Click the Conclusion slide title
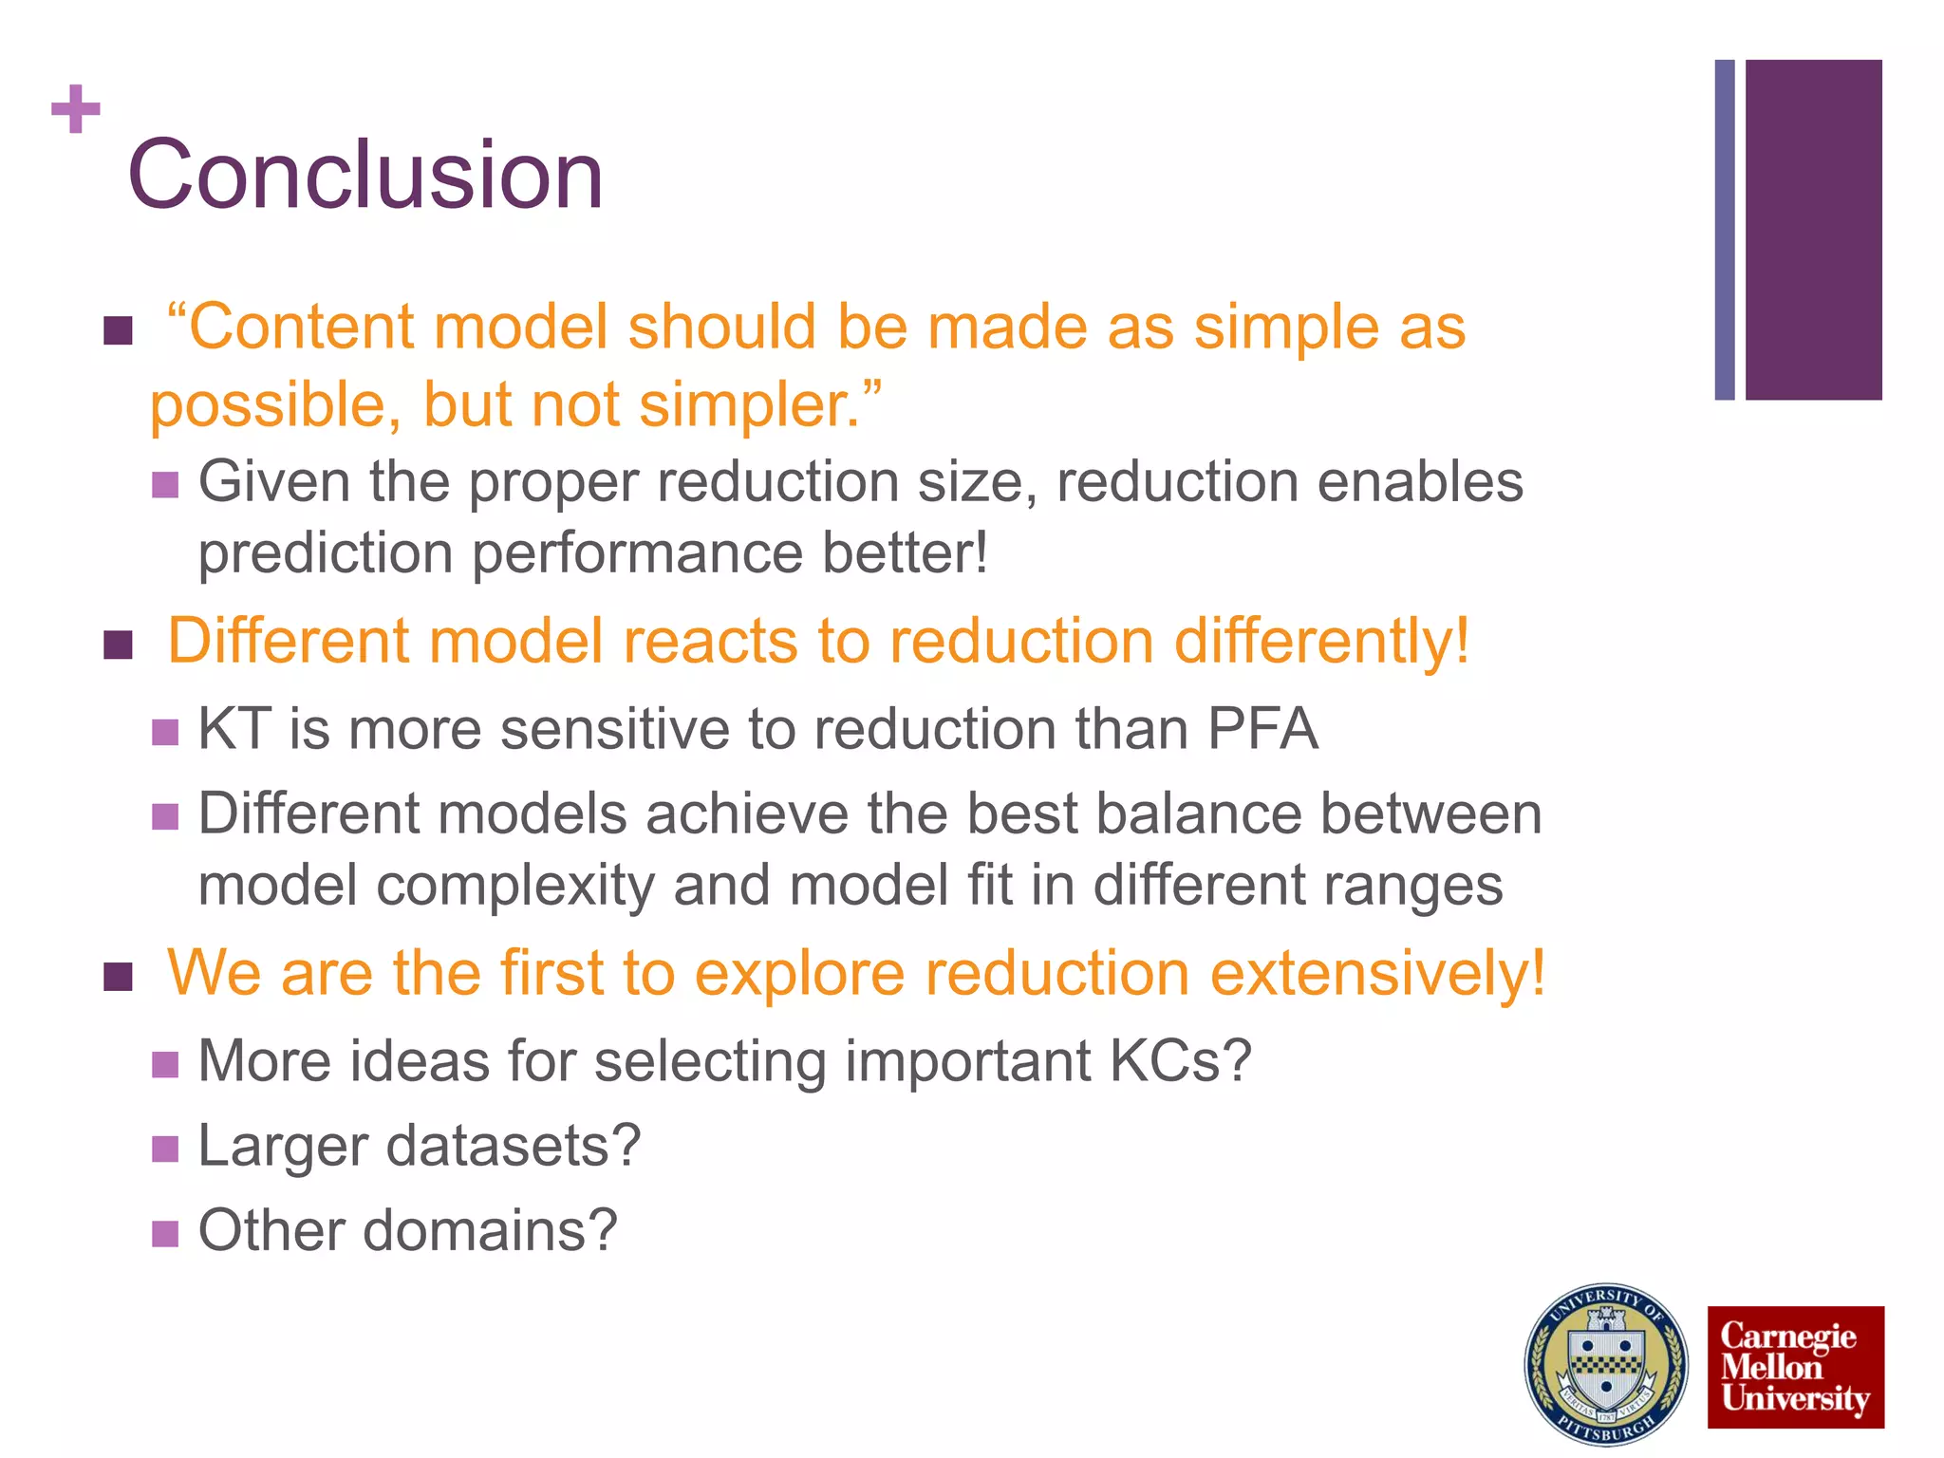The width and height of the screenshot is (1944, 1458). (x=365, y=175)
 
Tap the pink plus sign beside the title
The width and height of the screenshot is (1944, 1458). (x=75, y=109)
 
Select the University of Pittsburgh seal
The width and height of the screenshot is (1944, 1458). (x=1605, y=1365)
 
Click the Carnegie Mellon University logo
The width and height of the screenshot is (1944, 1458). (x=1795, y=1367)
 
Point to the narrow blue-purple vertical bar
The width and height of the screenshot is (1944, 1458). (x=1724, y=230)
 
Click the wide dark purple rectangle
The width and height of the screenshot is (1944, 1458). (x=1813, y=230)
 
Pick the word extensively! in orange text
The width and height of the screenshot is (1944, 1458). (x=1377, y=973)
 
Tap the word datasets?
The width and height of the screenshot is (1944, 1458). (x=514, y=1146)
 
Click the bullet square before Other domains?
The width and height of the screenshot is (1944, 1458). (x=165, y=1233)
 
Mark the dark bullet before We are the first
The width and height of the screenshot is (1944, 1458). (x=118, y=977)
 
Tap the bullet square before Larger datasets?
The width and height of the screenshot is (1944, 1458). (x=165, y=1149)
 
